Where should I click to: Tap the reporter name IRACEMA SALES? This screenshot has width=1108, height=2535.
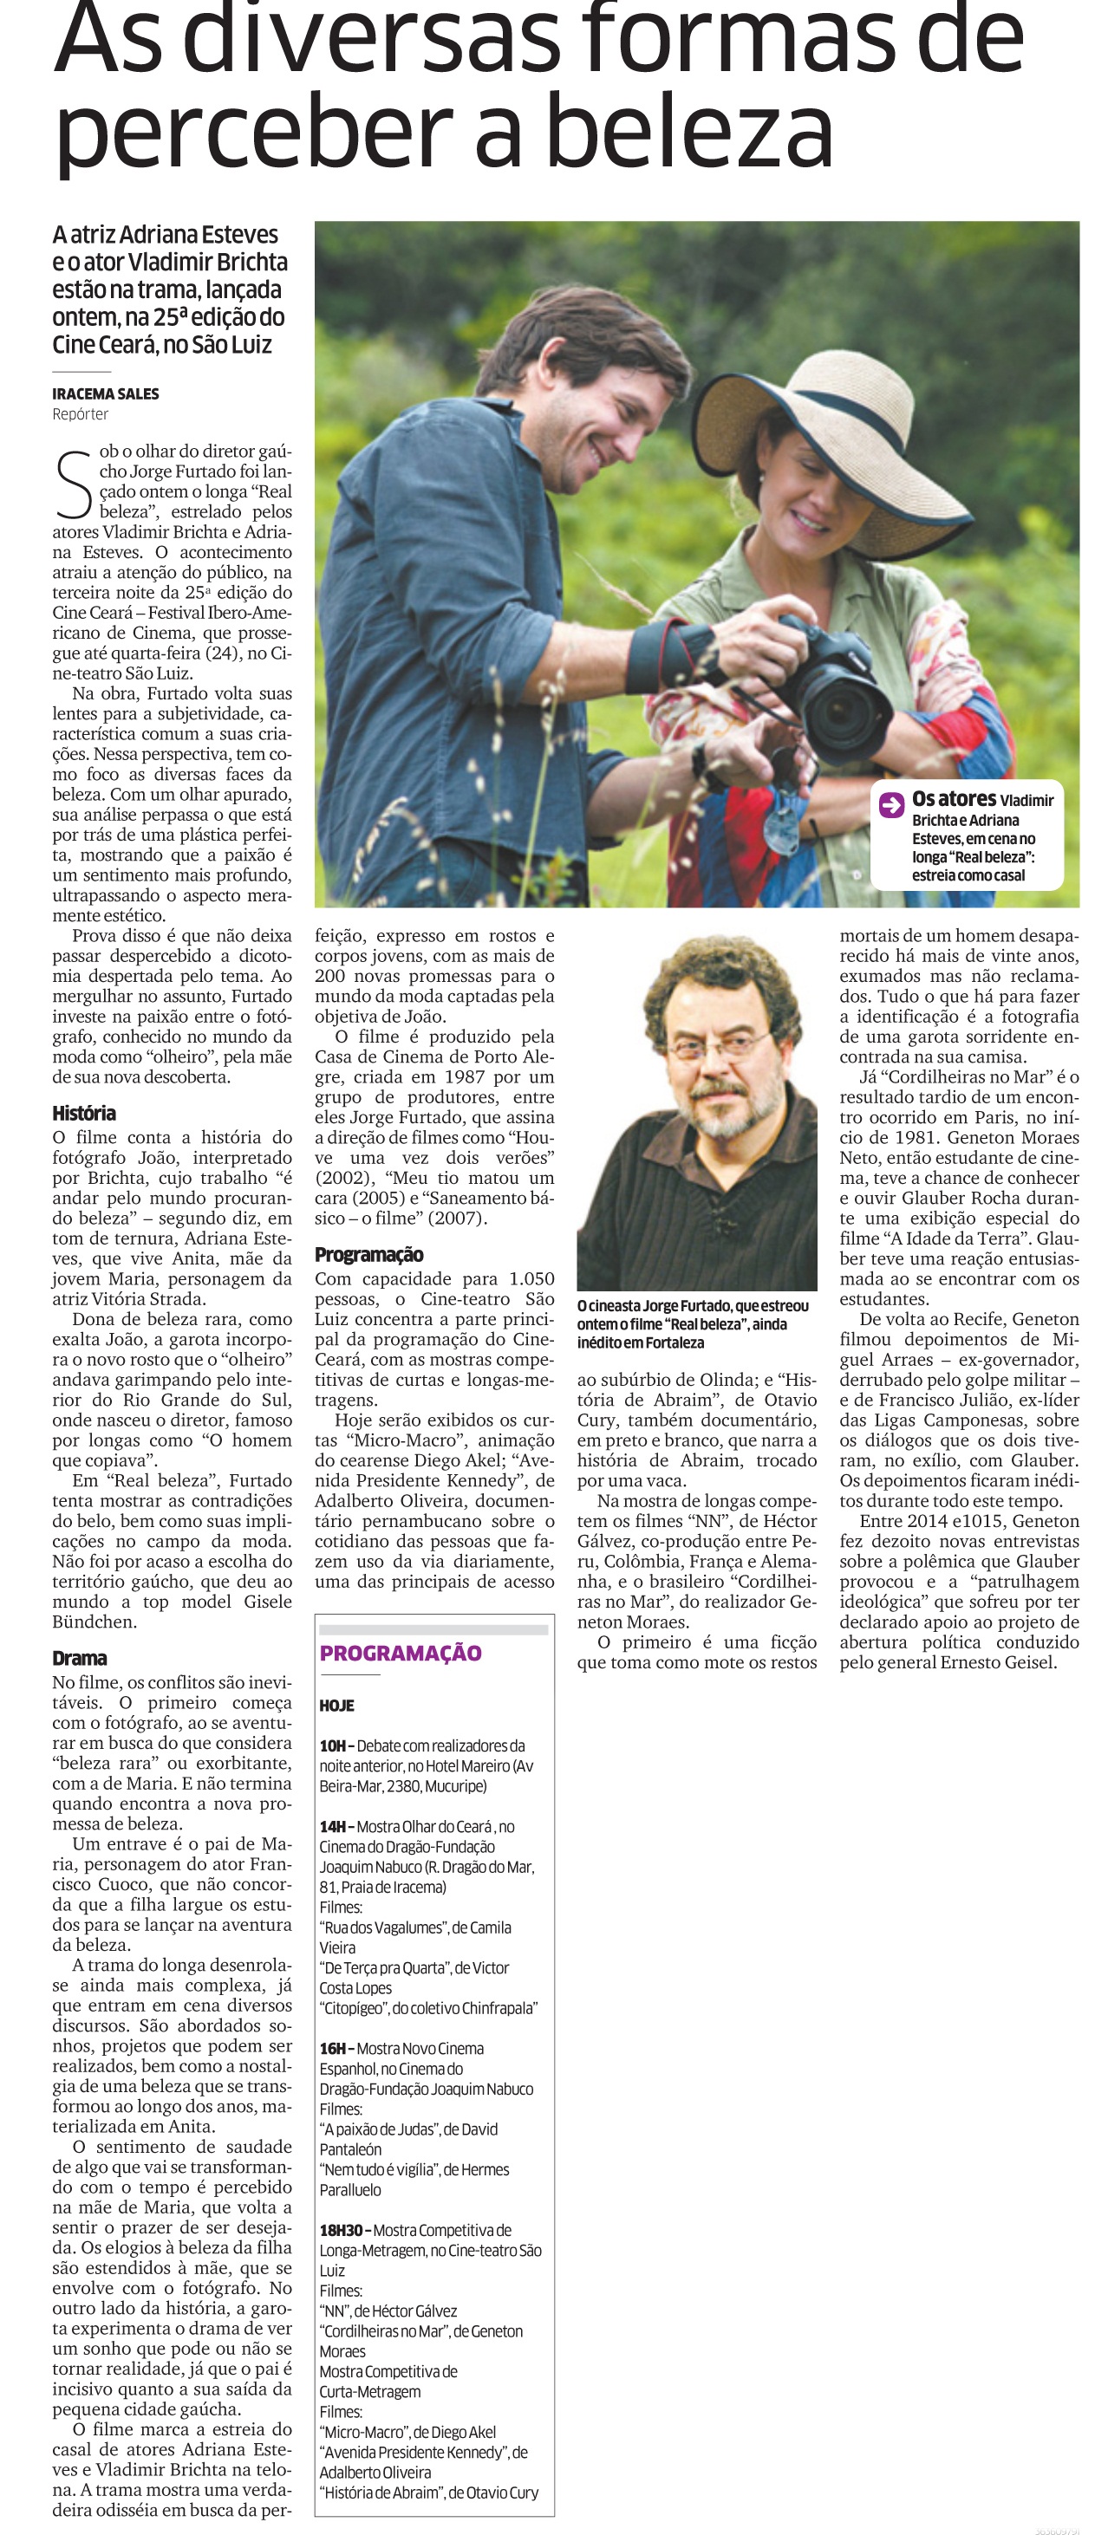pos(105,393)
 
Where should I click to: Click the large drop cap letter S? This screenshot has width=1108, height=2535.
pos(73,484)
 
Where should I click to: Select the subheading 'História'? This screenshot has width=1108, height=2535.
pos(83,1113)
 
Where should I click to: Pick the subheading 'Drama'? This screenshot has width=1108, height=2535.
pos(79,1658)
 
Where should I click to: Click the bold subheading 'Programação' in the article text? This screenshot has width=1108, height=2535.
pos(369,1255)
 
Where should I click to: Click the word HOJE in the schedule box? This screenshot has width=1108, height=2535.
pos(336,1706)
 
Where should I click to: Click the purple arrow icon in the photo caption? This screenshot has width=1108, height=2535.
pos(891,805)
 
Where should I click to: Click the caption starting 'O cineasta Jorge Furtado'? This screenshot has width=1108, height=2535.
pos(693,1323)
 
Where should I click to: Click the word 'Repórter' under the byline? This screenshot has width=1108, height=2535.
pos(81,414)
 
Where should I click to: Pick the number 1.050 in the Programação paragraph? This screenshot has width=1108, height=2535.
pos(531,1278)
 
